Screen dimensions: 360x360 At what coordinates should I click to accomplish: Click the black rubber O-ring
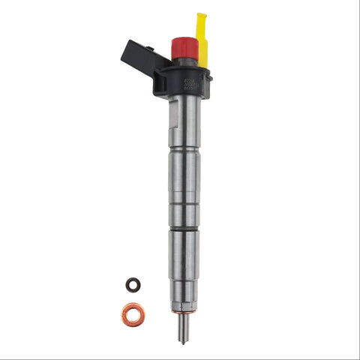click(x=132, y=285)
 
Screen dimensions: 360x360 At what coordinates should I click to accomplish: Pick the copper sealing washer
click(x=134, y=313)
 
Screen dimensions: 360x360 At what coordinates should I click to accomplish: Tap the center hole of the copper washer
click(x=134, y=313)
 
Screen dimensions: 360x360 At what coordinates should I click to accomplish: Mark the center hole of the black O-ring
click(x=132, y=285)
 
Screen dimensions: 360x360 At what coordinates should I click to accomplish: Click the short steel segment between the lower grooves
click(x=184, y=215)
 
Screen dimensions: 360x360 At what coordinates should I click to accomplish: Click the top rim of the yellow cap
click(x=201, y=14)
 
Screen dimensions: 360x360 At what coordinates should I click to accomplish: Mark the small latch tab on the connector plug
click(x=150, y=49)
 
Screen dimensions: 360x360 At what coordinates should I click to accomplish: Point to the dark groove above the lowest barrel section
click(x=184, y=228)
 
